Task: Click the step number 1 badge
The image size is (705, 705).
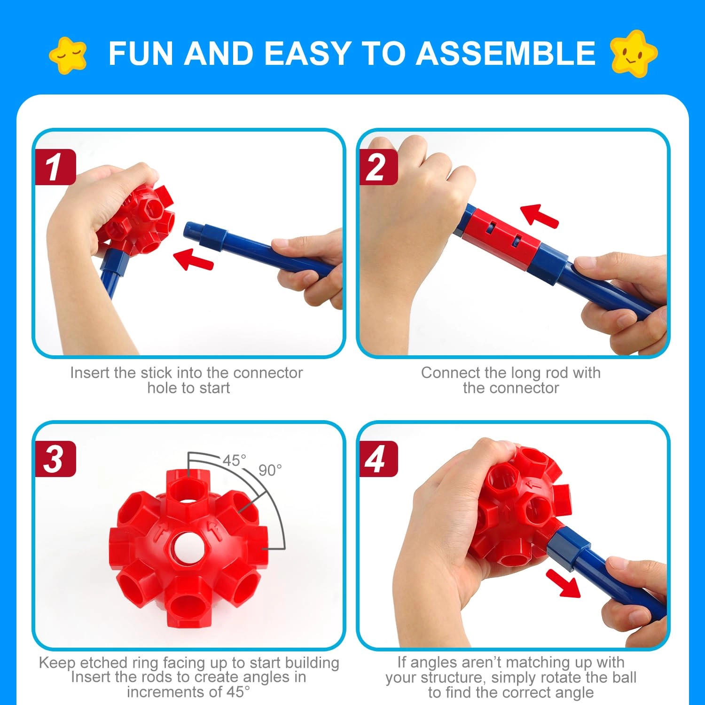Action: click(55, 167)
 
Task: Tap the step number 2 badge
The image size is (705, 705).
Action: click(378, 167)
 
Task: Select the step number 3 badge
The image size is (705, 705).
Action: click(55, 459)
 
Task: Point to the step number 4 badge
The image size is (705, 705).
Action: click(378, 459)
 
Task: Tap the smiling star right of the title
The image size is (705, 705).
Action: click(634, 53)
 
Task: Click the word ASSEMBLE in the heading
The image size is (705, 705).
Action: click(506, 53)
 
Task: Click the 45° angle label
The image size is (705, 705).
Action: click(234, 461)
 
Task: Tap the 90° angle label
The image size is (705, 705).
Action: click(270, 470)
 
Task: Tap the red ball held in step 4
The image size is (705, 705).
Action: click(522, 503)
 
